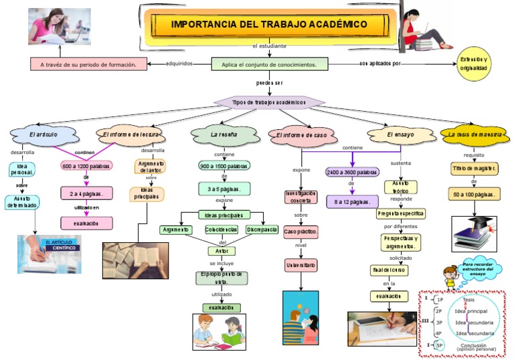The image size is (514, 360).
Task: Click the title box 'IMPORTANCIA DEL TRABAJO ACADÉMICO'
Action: point(269,24)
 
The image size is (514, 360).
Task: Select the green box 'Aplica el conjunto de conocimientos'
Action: point(269,64)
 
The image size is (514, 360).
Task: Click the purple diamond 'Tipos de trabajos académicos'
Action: point(269,102)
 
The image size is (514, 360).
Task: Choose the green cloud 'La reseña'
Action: point(224,134)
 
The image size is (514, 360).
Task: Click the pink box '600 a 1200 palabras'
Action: point(86,165)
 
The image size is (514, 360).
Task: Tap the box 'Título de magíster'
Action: point(473,168)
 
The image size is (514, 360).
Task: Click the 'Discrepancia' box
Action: point(262,230)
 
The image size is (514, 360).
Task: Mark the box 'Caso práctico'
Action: point(301,232)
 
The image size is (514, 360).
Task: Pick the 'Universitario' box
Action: point(301,266)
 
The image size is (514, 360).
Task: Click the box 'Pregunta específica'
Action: point(401,214)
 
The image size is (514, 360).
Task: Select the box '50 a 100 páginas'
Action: point(473,194)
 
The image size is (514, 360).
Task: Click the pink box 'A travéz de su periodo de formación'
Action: point(88,64)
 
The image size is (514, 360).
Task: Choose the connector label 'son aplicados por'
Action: point(379,64)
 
